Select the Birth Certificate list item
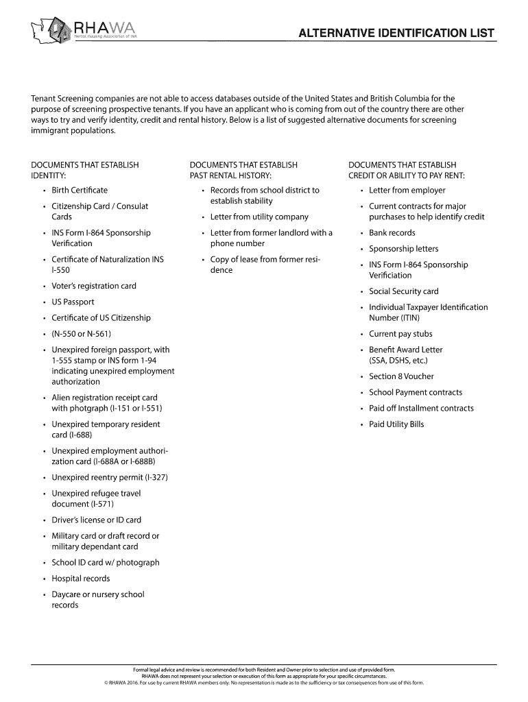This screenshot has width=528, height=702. [x=80, y=190]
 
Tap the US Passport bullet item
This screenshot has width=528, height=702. [x=73, y=302]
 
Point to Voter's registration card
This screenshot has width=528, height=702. [x=94, y=286]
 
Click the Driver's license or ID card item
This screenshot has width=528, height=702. [x=96, y=520]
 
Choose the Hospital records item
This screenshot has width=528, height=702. [x=81, y=578]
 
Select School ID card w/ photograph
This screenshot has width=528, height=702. [x=106, y=562]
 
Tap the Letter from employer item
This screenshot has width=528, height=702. [x=407, y=190]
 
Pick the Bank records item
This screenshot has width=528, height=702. [x=392, y=232]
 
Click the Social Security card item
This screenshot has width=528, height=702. [x=403, y=291]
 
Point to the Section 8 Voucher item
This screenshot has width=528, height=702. [x=401, y=376]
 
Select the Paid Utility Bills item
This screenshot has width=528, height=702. [x=396, y=424]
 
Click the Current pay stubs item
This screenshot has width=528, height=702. [x=400, y=334]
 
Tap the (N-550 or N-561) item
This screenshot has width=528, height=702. [x=81, y=334]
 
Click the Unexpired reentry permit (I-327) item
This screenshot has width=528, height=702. [x=110, y=477]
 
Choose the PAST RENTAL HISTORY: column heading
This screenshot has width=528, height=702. [x=231, y=175]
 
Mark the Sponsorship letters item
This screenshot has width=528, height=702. [x=403, y=249]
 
